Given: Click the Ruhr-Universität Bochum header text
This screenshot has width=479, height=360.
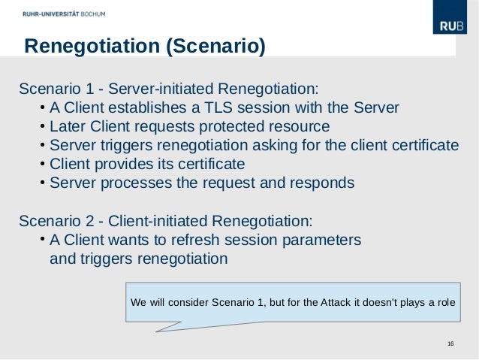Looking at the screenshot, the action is tap(64, 14).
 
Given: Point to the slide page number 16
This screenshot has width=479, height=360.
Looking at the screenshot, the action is tap(450, 344).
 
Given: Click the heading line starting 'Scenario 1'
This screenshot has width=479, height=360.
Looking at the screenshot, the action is tap(168, 86).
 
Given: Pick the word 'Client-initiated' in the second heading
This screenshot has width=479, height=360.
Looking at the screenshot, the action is tap(158, 221).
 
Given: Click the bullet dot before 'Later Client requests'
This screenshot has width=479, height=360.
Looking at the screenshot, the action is tap(43, 125).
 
